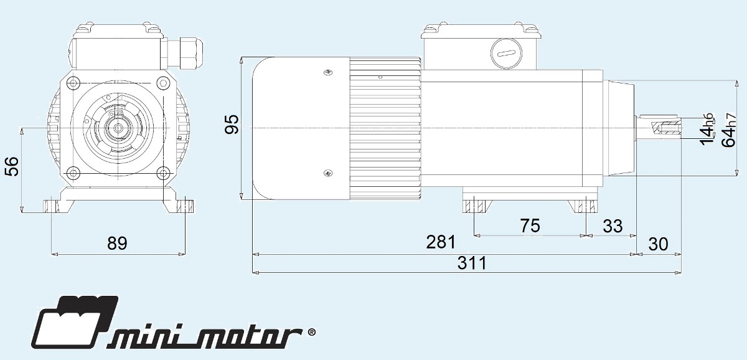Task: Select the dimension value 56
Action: click(x=12, y=167)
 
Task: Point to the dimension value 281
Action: click(x=441, y=242)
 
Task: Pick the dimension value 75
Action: click(x=530, y=225)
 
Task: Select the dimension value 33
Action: click(x=613, y=225)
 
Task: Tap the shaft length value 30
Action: click(x=659, y=244)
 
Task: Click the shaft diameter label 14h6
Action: click(x=708, y=129)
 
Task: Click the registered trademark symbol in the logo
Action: click(x=311, y=333)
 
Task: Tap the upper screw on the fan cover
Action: click(x=328, y=73)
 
